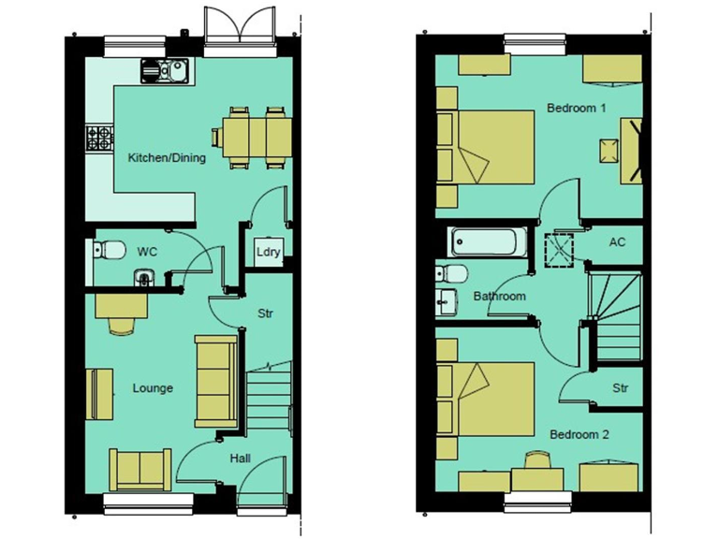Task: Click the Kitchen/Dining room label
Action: pos(167,158)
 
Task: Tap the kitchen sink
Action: pos(166,68)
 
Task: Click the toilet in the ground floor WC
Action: pos(110,250)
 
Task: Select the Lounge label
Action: pos(152,387)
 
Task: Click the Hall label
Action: pos(239,459)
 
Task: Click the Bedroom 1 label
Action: pos(576,109)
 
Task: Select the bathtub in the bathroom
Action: pos(487,242)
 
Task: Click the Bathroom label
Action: pos(499,297)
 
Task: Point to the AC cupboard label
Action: pos(616,242)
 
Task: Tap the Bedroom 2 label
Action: pos(579,434)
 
